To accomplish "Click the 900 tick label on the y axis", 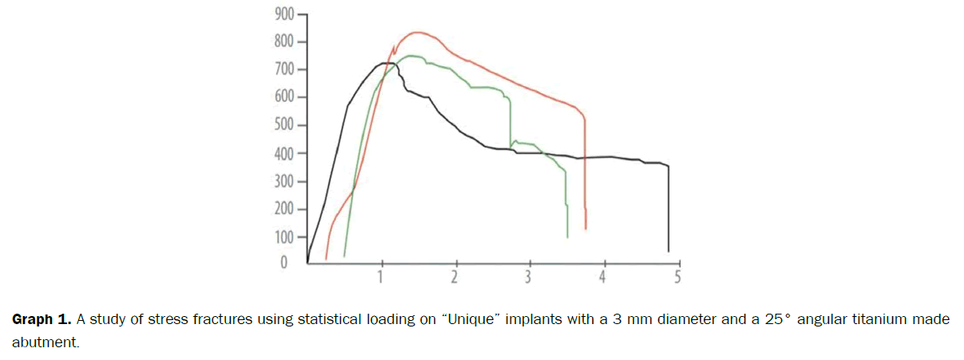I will point(283,14).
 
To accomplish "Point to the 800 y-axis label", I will point(283,42).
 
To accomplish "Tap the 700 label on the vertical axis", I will point(283,69).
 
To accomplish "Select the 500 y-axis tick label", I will point(283,126).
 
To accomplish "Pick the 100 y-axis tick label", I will point(283,237).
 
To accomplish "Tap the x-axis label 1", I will point(381,277).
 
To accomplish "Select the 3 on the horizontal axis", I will point(528,277).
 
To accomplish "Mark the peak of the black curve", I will point(385,62).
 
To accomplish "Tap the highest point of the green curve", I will point(411,56).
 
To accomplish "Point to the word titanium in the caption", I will point(847,320).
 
